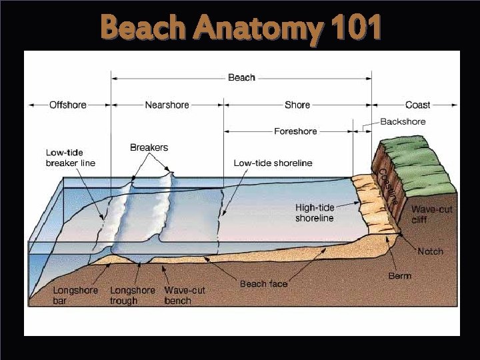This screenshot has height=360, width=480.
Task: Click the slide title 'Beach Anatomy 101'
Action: [241, 29]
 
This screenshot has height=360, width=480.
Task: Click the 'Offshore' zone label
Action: [67, 105]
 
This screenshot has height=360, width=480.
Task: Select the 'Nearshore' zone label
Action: [167, 105]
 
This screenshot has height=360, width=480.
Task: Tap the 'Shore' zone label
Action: [297, 105]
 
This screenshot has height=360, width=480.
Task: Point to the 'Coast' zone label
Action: [417, 105]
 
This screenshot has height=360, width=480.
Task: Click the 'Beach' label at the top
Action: [241, 78]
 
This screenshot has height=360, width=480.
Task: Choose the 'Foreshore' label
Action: [295, 131]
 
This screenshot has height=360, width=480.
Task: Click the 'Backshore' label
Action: [403, 122]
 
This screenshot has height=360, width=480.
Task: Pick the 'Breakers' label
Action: [149, 147]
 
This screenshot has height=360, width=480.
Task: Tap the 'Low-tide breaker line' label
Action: [70, 157]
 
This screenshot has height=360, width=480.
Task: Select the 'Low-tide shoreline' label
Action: [273, 163]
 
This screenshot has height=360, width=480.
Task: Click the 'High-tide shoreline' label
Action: [315, 213]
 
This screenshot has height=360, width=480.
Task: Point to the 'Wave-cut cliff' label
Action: [431, 214]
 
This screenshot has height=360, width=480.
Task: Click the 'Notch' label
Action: [430, 251]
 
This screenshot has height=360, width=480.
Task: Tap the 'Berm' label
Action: [400, 275]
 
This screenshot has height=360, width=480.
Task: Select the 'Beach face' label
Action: [263, 284]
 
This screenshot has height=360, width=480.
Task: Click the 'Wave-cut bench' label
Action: [185, 295]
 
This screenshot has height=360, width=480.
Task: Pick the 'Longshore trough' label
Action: [132, 295]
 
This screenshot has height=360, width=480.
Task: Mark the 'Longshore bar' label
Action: [75, 295]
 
